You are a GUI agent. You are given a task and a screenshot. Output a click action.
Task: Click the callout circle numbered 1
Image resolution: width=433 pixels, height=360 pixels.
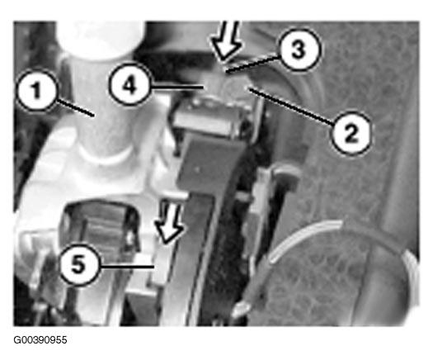[37, 91]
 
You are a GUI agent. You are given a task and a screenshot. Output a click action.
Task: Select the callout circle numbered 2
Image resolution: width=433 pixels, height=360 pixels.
[351, 133]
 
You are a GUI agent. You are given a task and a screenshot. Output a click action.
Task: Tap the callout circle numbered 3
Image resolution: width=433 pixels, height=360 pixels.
[299, 50]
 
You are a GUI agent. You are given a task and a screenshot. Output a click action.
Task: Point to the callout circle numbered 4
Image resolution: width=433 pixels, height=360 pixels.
[129, 84]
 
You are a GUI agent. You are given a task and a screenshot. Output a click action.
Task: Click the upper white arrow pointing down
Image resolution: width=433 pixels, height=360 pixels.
[226, 41]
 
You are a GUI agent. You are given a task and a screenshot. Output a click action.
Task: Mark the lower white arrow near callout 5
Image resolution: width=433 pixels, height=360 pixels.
[169, 223]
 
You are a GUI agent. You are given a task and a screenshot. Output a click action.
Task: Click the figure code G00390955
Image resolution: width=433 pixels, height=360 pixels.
[40, 340]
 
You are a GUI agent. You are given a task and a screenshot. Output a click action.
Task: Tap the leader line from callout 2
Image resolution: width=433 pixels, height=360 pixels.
[291, 105]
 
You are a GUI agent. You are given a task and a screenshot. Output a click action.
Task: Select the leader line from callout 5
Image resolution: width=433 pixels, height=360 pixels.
[127, 267]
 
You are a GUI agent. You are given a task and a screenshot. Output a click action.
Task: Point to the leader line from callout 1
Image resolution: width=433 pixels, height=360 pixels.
[75, 108]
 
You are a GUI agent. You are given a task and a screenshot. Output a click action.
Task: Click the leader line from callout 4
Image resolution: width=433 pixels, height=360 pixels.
[176, 88]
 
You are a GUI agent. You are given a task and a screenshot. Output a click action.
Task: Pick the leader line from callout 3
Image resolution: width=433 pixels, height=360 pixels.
[252, 64]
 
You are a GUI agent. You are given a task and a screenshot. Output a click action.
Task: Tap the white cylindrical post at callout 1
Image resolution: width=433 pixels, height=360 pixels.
[105, 111]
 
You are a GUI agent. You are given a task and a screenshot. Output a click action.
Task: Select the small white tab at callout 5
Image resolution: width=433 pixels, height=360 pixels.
[160, 264]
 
